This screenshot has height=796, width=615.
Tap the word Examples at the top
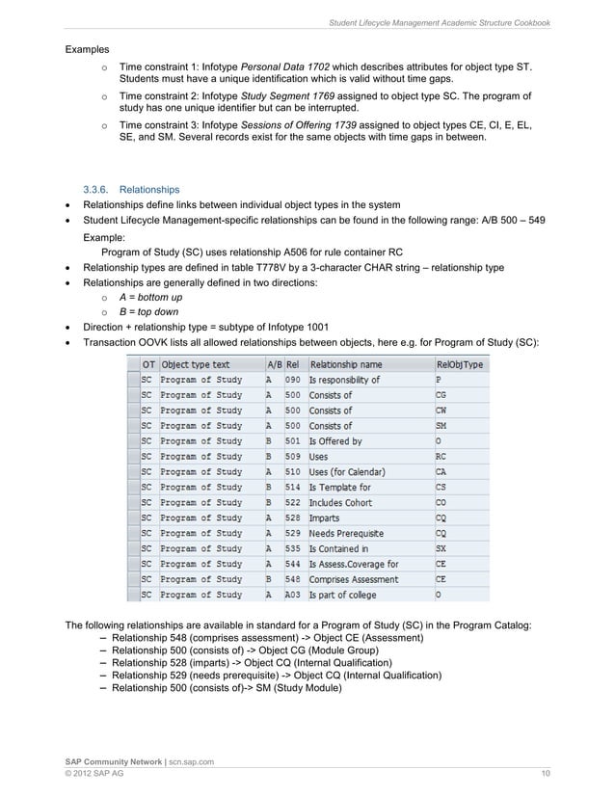coord(87,49)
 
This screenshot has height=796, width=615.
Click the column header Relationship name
coord(345,365)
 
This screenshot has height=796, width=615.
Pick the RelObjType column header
coord(461,365)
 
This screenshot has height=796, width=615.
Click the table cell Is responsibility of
coord(344,380)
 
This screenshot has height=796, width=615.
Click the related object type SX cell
coord(441,548)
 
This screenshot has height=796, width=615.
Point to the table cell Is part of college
coord(342,595)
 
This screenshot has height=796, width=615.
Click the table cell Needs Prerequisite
coord(346,533)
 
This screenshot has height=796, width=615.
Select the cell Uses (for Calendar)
coord(347,472)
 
